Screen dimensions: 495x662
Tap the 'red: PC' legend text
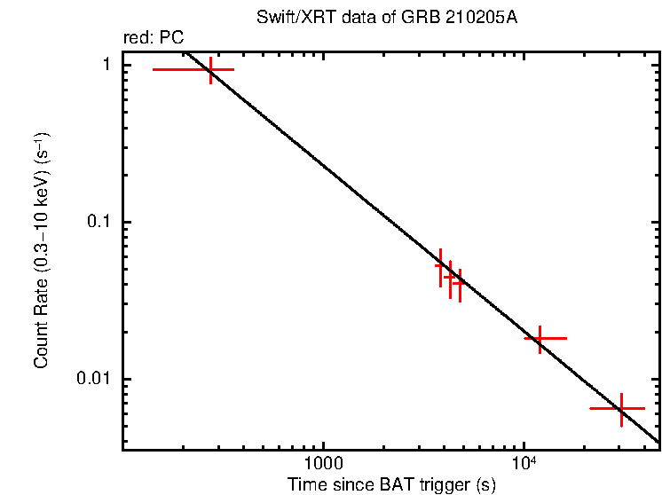tap(153, 40)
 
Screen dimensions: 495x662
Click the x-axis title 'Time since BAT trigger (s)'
tap(391, 484)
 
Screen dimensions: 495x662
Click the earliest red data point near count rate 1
tap(210, 69)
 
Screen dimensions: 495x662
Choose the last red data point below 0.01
tap(621, 409)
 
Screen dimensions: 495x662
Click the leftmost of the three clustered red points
tap(441, 265)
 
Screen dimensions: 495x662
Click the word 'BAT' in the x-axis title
tap(390, 484)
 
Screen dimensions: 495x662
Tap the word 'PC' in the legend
tap(172, 40)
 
